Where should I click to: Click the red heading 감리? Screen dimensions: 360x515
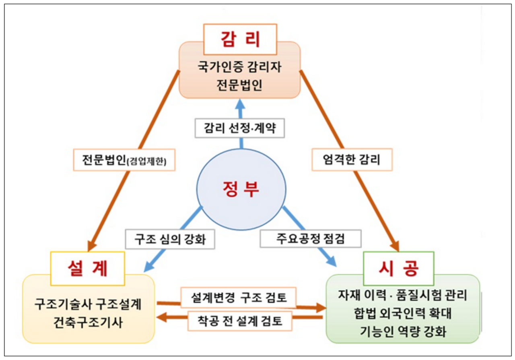click(240, 39)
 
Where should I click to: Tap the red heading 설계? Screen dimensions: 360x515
click(88, 268)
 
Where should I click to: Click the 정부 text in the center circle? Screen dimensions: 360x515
click(241, 189)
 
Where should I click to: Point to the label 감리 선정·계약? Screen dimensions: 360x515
click(240, 128)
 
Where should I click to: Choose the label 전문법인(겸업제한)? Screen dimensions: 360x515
click(124, 159)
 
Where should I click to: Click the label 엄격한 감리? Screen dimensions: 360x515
click(352, 159)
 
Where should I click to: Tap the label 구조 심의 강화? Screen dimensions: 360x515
click(170, 239)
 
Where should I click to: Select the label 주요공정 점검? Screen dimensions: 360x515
click(310, 239)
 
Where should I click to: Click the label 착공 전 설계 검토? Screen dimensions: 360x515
click(240, 321)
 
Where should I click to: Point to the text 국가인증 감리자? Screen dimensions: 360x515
click(239, 67)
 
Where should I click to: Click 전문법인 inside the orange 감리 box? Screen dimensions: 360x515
click(239, 86)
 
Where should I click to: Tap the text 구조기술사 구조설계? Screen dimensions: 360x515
click(88, 305)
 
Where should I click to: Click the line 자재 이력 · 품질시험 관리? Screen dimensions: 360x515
click(402, 295)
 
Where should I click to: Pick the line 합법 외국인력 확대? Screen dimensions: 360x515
click(402, 314)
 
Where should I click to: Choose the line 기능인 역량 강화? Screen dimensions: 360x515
click(402, 332)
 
